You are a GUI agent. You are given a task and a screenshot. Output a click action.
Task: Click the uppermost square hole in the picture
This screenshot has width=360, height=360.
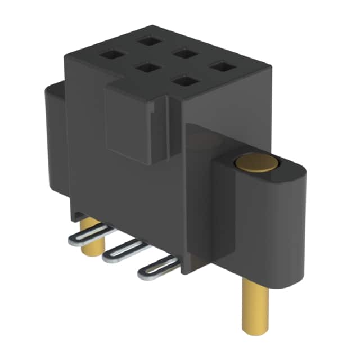(149, 40)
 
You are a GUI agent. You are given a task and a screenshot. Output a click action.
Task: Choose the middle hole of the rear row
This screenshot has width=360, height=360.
(182, 53)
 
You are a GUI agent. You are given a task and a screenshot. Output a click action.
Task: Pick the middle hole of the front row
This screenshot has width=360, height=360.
(147, 68)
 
